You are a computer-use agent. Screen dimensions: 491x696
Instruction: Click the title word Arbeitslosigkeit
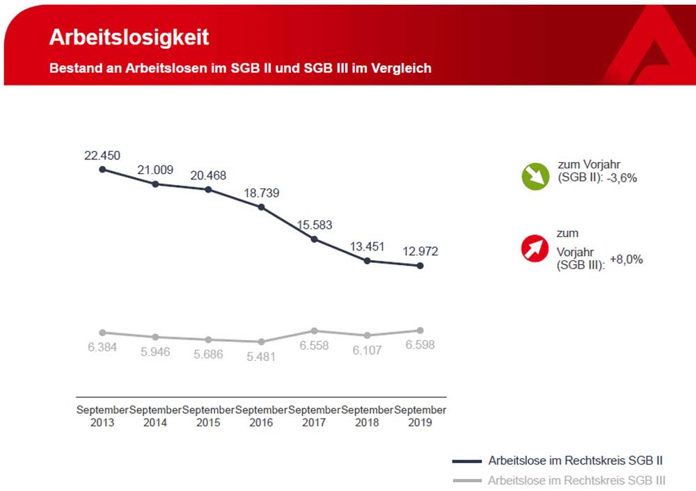click(x=129, y=38)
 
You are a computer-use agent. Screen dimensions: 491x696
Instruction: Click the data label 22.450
click(x=102, y=155)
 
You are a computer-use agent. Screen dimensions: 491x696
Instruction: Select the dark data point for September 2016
click(x=262, y=207)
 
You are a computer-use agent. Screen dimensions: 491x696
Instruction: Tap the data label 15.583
click(x=315, y=225)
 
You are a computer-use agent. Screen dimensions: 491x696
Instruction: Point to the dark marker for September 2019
click(x=421, y=266)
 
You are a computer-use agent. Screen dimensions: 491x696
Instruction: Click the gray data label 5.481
click(x=262, y=357)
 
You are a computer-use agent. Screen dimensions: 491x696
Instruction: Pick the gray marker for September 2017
click(x=315, y=330)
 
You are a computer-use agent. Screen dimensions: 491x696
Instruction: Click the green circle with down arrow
click(x=536, y=176)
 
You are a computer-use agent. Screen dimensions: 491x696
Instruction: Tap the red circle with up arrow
click(x=536, y=248)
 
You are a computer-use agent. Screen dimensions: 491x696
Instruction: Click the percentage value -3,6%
click(x=622, y=177)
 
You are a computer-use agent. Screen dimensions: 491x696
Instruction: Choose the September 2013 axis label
click(x=102, y=416)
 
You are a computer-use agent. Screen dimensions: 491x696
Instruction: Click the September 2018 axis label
click(x=367, y=416)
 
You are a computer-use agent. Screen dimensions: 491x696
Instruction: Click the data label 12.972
click(x=420, y=251)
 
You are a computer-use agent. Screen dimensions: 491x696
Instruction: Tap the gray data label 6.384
click(x=102, y=346)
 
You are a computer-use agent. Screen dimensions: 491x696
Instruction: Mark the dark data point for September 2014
click(x=155, y=184)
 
